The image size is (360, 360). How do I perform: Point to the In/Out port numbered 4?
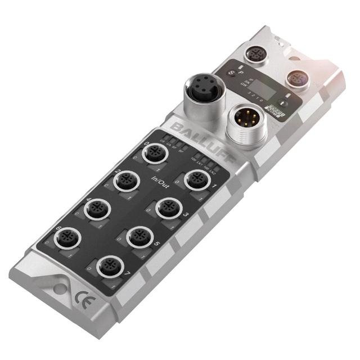[x=95, y=209]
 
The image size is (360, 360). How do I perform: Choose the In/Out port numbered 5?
[x=137, y=237]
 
